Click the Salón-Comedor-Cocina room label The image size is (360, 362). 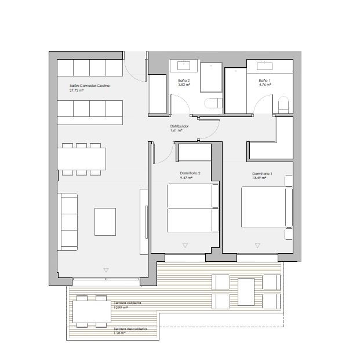coord(89,86)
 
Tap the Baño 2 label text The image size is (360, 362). coord(184,81)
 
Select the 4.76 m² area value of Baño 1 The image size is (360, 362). coord(264,85)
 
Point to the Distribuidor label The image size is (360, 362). coord(179,126)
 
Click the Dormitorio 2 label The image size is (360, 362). coord(191,173)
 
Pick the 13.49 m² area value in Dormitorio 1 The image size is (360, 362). coord(259,178)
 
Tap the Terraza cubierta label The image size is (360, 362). coord(128,303)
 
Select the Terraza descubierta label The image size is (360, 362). coord(130,328)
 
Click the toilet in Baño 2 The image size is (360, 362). coord(213,104)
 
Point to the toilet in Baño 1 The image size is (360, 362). coord(283,105)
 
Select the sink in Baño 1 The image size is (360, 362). coord(265,65)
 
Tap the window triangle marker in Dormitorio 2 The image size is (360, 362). coord(185,246)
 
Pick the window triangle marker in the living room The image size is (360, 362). coord(106,270)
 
